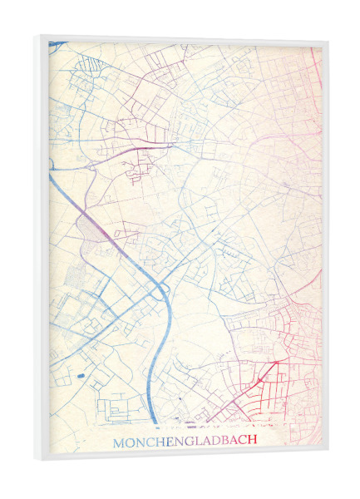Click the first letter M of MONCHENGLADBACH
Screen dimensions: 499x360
[118, 442]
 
